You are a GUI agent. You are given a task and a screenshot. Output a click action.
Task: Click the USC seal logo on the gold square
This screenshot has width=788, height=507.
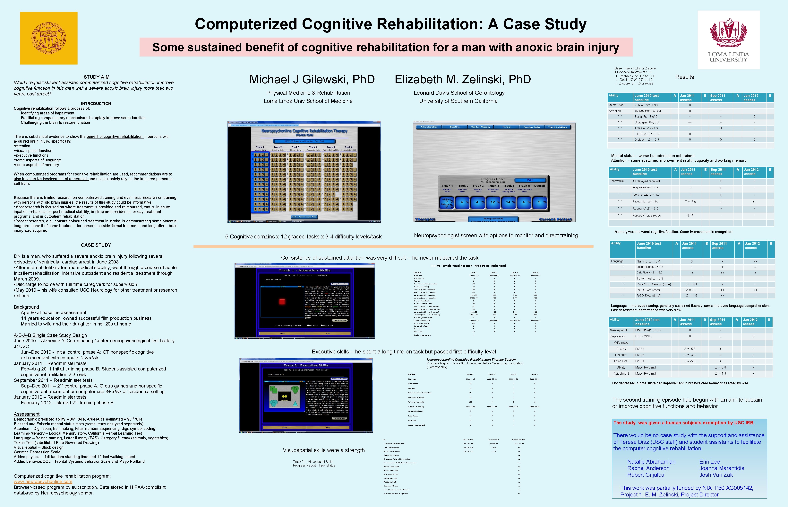(49, 38)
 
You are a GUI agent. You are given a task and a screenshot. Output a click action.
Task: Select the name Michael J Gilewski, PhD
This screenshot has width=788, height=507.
(312, 79)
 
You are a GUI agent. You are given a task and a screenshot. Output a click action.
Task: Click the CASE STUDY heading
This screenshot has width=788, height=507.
(96, 245)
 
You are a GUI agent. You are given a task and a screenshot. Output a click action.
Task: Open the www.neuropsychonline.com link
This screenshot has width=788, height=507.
(43, 482)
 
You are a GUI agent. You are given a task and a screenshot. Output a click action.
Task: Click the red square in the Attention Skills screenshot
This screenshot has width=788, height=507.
(282, 302)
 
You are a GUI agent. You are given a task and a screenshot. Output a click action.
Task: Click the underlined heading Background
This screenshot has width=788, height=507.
(26, 307)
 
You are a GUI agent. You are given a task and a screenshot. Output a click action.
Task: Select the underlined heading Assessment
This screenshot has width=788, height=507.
(27, 414)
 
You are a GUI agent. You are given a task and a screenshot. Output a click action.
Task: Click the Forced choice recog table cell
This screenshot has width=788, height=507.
(647, 216)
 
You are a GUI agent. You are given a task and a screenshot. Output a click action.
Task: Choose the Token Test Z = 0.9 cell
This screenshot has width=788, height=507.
(650, 279)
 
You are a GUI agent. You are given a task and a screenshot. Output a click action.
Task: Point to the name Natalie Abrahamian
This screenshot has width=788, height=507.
(651, 462)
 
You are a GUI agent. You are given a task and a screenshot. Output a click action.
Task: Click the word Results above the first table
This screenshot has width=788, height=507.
(684, 77)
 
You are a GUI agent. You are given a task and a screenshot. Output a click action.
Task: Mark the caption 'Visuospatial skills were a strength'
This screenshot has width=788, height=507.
(324, 450)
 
